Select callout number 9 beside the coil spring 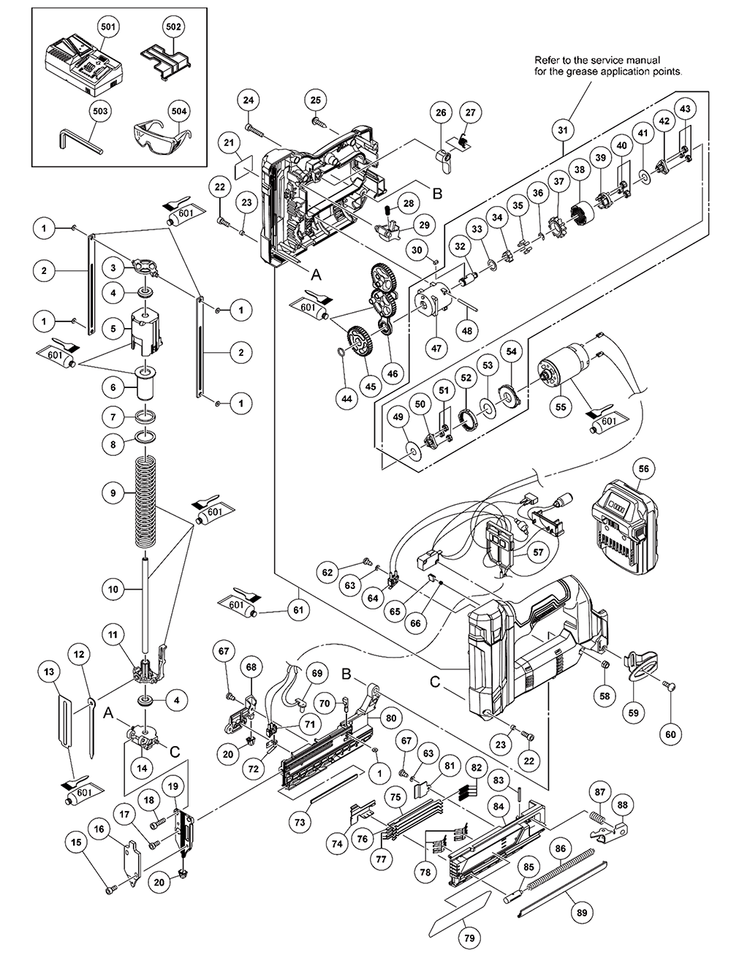[x=113, y=493]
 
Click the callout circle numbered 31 [x=562, y=130]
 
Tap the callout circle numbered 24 [x=249, y=99]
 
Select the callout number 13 [x=49, y=671]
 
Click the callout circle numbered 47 [x=436, y=349]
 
